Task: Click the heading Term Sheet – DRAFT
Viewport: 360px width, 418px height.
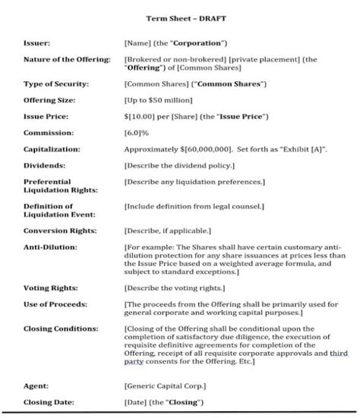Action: [179, 18]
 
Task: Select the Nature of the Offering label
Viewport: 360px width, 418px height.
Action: [67, 58]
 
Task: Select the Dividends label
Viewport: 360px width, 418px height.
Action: [43, 165]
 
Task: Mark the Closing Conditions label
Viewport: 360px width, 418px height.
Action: [60, 329]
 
